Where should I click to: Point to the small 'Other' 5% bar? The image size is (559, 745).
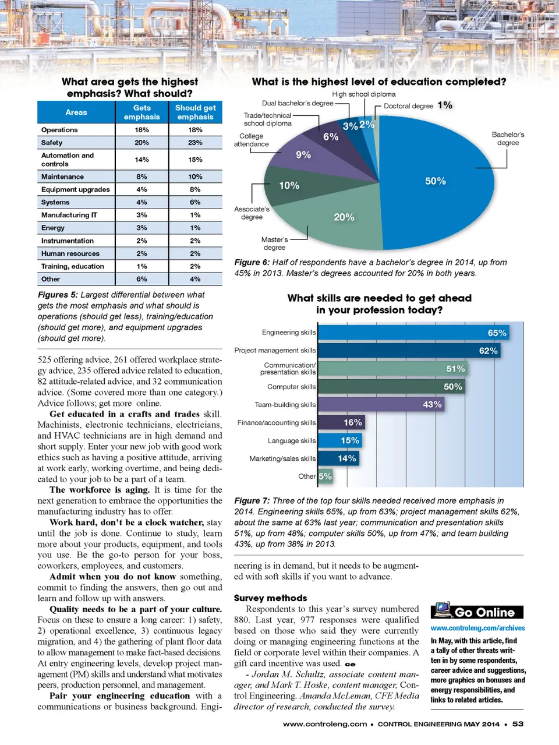tap(325, 476)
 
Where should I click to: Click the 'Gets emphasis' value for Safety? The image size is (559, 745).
tap(141, 143)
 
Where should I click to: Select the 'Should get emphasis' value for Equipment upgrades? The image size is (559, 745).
tap(195, 189)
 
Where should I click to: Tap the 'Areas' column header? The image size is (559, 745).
tap(76, 112)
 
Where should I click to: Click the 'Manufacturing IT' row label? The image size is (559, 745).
tap(69, 215)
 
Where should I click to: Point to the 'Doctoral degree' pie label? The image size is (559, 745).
tap(408, 106)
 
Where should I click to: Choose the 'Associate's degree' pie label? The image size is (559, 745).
tap(252, 213)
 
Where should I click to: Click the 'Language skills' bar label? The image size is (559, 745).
tap(291, 440)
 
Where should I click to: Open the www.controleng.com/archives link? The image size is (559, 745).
tap(477, 628)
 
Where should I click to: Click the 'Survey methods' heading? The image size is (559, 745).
tap(270, 598)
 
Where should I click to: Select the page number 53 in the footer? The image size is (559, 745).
tap(518, 723)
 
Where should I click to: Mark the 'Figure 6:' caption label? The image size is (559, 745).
tap(252, 263)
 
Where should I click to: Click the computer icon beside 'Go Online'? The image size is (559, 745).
tap(443, 610)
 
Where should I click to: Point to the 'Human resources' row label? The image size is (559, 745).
tap(70, 253)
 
